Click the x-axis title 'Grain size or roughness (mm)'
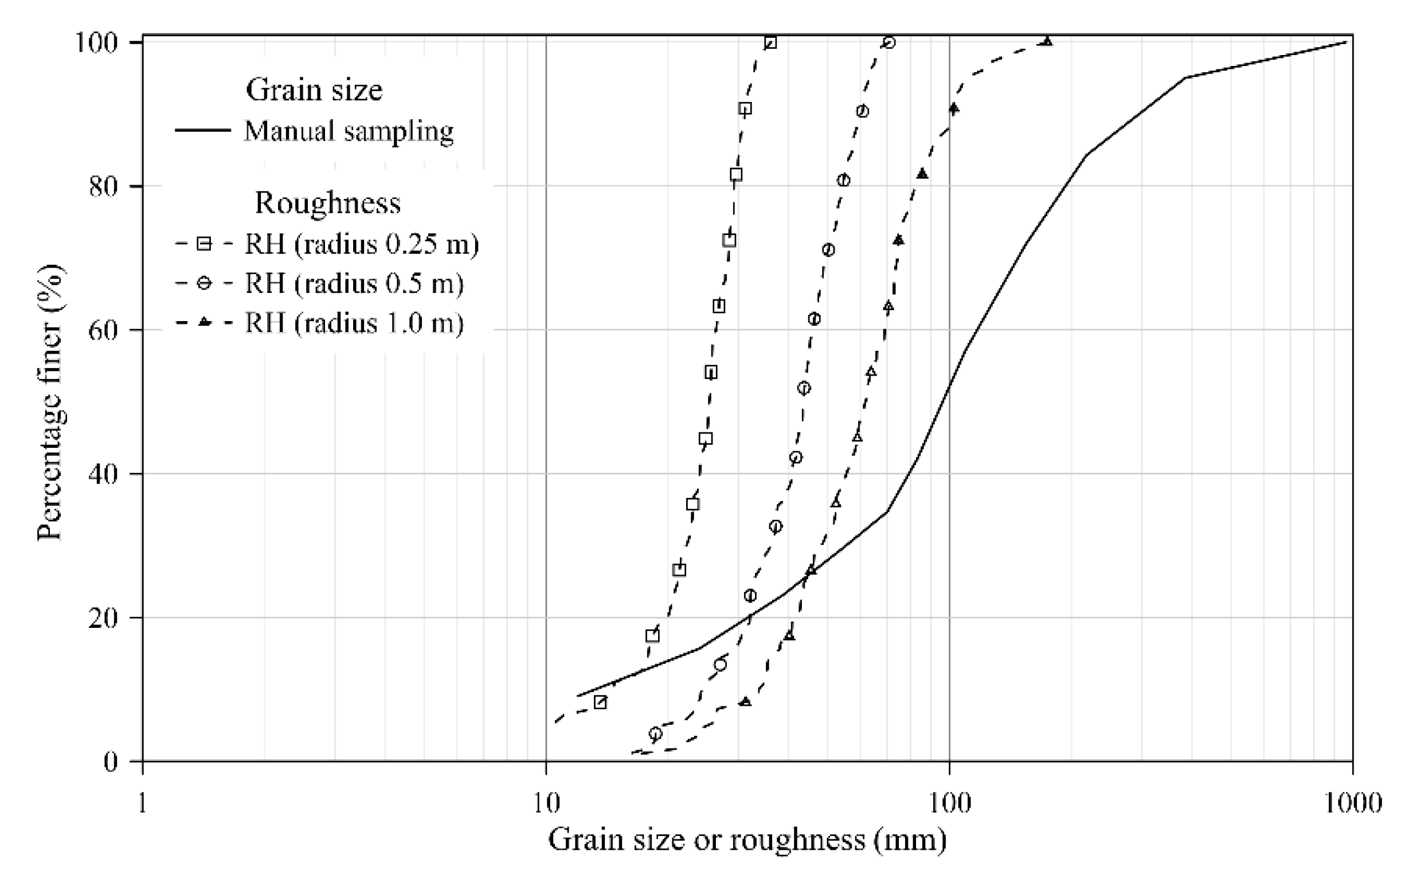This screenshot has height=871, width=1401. (747, 840)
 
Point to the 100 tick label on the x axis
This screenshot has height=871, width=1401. (949, 802)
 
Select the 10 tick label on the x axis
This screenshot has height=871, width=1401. (546, 802)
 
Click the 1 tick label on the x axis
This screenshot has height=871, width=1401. (142, 802)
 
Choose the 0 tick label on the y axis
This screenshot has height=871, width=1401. (111, 761)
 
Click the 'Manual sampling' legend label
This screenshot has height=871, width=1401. (349, 131)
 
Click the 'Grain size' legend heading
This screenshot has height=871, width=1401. (314, 90)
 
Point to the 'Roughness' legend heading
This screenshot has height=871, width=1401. (328, 203)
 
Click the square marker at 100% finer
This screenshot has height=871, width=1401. (770, 42)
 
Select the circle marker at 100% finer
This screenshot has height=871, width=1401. (889, 42)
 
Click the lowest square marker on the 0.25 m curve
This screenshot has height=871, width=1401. (600, 702)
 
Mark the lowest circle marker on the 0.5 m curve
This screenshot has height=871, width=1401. (655, 733)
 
